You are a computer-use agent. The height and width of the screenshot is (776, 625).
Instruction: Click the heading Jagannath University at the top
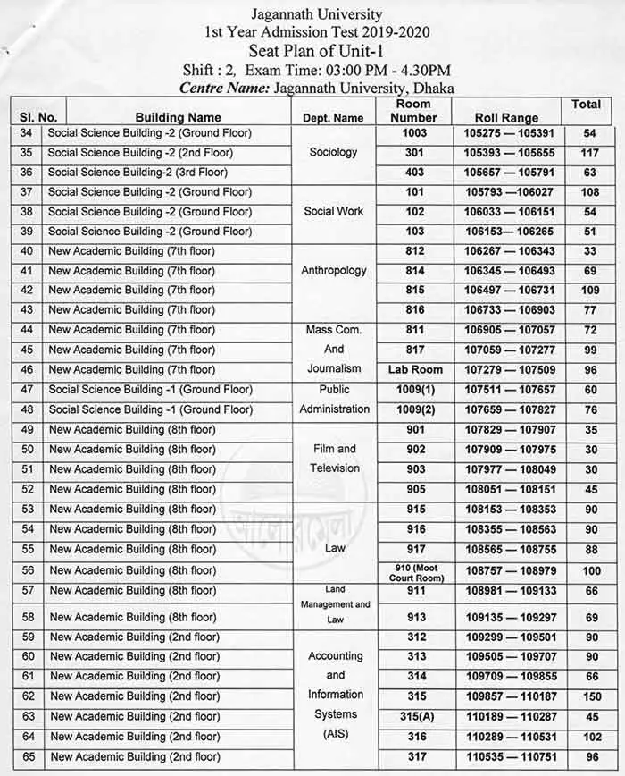pyautogui.click(x=316, y=14)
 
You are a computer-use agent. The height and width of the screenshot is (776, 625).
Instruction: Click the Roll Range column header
pyautogui.click(x=506, y=117)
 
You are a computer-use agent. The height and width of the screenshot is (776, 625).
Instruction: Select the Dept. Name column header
pyautogui.click(x=333, y=117)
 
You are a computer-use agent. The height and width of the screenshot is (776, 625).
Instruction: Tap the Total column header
pyautogui.click(x=586, y=105)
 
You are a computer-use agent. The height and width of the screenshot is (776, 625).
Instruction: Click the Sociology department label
pyautogui.click(x=333, y=152)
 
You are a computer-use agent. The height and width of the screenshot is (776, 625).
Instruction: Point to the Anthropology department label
pyautogui.click(x=333, y=270)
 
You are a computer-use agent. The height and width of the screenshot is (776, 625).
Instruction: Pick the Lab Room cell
pyautogui.click(x=415, y=369)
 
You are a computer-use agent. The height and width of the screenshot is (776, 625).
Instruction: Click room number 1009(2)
pyautogui.click(x=415, y=409)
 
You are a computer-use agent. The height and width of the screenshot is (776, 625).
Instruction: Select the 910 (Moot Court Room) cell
pyautogui.click(x=415, y=570)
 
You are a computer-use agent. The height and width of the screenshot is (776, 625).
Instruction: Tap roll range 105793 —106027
pyautogui.click(x=506, y=191)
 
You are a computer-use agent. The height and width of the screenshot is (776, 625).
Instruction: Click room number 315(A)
pyautogui.click(x=415, y=716)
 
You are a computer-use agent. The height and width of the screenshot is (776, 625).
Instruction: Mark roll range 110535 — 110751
pyautogui.click(x=506, y=756)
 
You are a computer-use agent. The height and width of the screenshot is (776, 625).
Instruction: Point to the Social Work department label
pyautogui.click(x=333, y=211)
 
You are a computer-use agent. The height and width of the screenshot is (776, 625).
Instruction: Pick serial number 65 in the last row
pyautogui.click(x=27, y=756)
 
